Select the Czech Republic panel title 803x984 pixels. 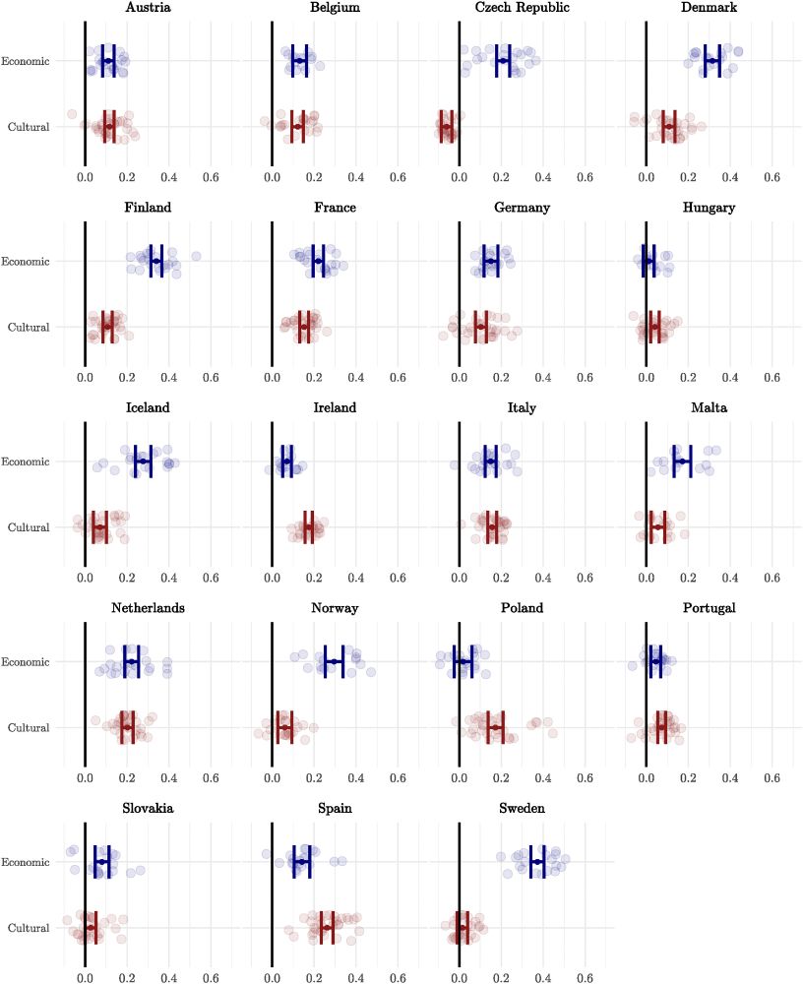coord(522,8)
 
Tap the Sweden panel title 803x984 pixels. coord(522,808)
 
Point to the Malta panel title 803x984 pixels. coord(709,407)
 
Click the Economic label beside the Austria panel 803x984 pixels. coord(26,61)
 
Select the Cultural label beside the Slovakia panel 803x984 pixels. coord(29,928)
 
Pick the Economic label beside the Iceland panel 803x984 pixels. coord(26,461)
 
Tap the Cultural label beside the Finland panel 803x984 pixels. coord(29,328)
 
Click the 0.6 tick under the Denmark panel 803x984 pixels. coord(772,178)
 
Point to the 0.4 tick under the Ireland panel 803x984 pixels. coord(355,579)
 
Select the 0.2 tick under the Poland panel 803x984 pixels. coord(501,778)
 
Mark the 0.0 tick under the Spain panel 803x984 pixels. coord(272,978)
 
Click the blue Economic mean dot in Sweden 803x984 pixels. coord(537,862)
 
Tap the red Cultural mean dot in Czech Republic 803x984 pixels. coord(447,127)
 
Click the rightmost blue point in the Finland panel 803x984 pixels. coord(196,256)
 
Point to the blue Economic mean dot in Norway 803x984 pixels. coord(334,661)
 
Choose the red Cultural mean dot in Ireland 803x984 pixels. coord(309,527)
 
